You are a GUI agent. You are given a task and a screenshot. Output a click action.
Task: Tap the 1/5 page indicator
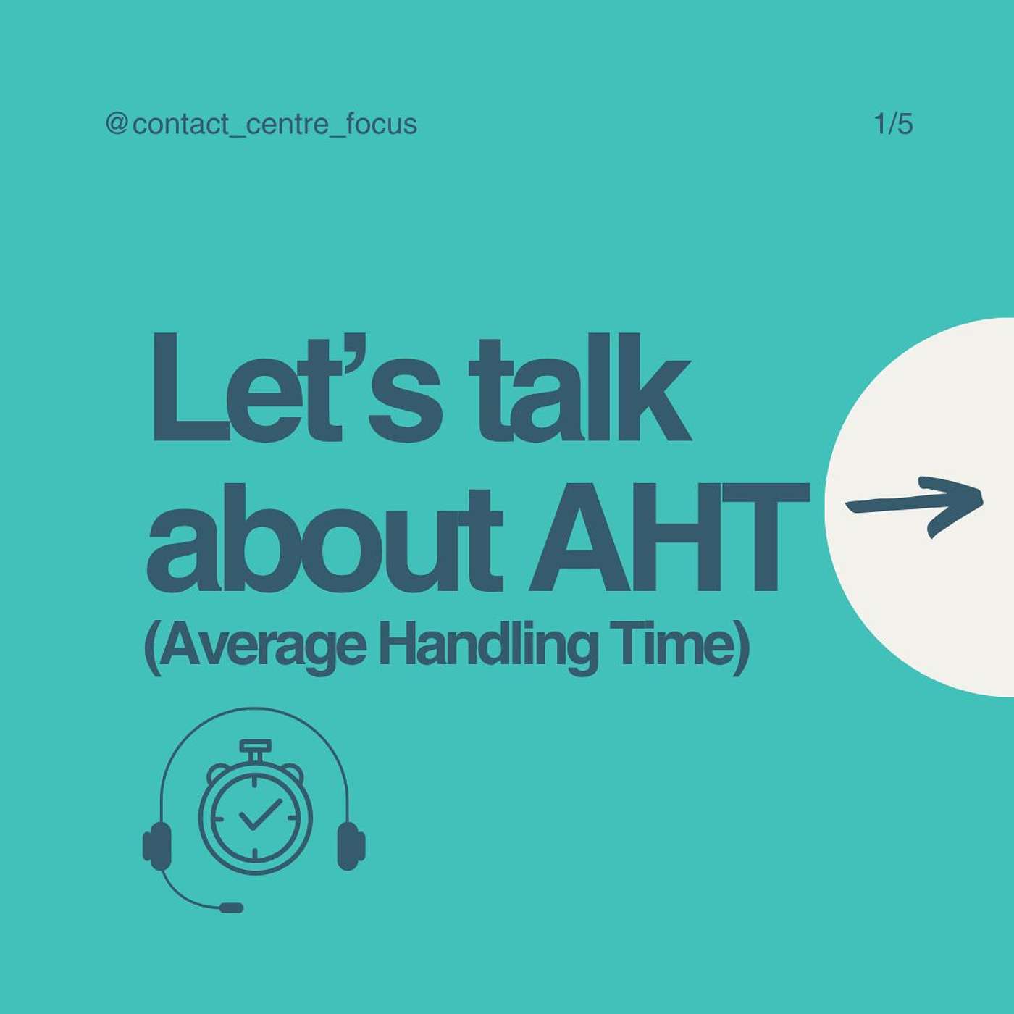pyautogui.click(x=894, y=125)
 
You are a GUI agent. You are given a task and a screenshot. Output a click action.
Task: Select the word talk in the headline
pyautogui.click(x=579, y=387)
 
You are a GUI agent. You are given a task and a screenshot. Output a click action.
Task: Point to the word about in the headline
pyautogui.click(x=324, y=540)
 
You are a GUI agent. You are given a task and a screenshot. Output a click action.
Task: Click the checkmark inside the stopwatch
pyautogui.click(x=261, y=815)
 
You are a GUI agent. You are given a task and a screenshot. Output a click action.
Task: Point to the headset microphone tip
pyautogui.click(x=231, y=908)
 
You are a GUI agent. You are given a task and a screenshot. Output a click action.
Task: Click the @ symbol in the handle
pyautogui.click(x=116, y=125)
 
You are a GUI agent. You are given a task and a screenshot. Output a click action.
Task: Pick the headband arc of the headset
pyautogui.click(x=255, y=710)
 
